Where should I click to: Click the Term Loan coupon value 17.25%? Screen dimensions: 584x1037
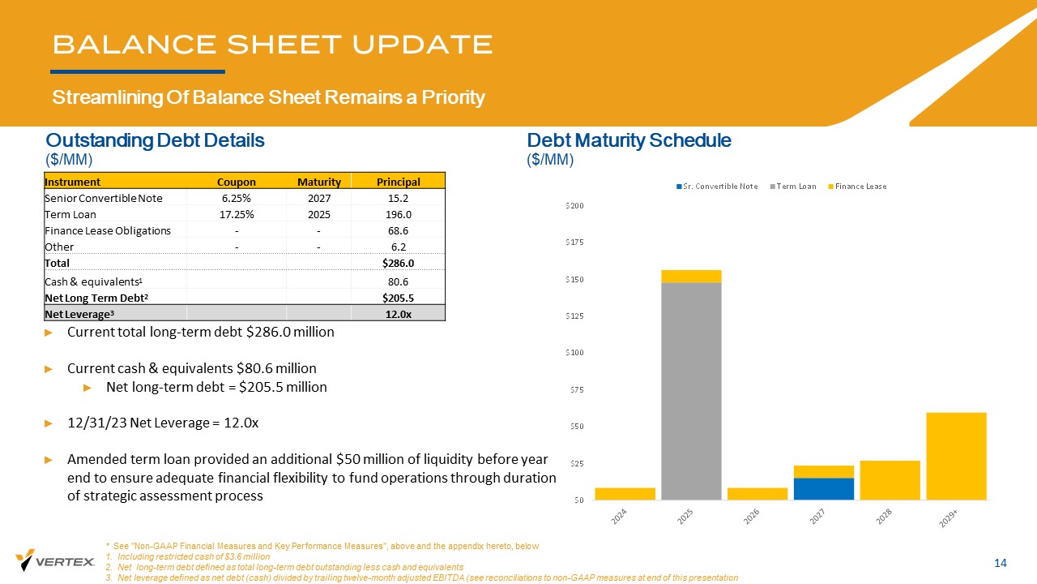coord(238,215)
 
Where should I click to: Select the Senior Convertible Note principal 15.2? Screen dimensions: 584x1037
coord(398,198)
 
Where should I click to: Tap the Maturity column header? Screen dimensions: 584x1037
coord(318,182)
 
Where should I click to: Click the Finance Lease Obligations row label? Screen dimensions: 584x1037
coord(108,231)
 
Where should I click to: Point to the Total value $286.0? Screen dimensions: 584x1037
coord(398,264)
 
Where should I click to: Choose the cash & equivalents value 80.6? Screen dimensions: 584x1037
coord(398,281)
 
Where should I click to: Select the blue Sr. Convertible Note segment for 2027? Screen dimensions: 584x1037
coord(824,488)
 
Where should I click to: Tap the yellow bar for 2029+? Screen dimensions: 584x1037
coord(956,456)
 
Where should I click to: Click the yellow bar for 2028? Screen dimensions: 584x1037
coord(890,480)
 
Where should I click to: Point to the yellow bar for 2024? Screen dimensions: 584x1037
coord(625,493)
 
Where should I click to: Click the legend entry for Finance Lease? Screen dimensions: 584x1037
coord(860,187)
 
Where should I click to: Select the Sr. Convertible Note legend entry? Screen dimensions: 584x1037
coord(720,187)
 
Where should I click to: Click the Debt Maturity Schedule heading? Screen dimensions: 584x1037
coord(629,140)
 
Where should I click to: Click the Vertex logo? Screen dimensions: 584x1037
coord(55,560)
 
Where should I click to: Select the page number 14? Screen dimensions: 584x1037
coord(1000,564)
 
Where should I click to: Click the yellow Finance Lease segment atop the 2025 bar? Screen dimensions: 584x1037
coord(691,276)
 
